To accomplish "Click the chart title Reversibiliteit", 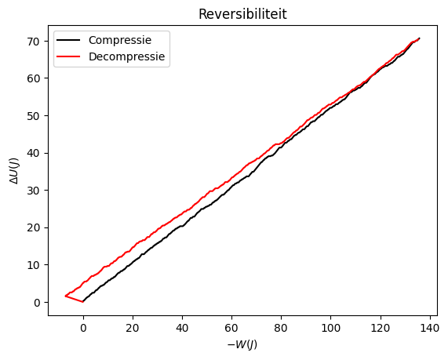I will (x=242, y=14).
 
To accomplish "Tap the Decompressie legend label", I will (x=128, y=56).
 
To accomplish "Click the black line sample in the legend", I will (x=70, y=40).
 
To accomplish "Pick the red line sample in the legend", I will (x=70, y=56).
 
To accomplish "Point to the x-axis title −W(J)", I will (x=242, y=344).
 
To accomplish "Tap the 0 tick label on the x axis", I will (x=83, y=329).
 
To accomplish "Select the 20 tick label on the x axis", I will (x=133, y=329).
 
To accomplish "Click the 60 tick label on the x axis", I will (x=232, y=329).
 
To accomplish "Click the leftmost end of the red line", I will (x=66, y=296).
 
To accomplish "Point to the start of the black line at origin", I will (x=83, y=301).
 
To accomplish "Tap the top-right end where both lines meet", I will (x=420, y=38).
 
